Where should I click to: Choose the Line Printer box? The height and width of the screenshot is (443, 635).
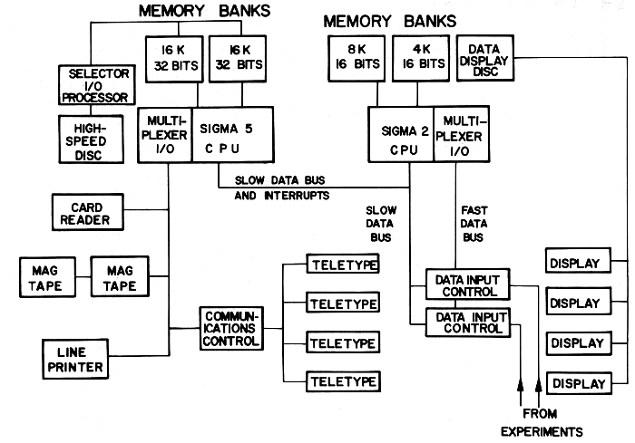(x=74, y=357)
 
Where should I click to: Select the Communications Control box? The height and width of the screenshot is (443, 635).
(x=230, y=328)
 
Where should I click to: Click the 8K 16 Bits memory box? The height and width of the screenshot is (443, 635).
(x=352, y=60)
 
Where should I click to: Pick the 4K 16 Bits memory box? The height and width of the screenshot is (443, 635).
(x=420, y=60)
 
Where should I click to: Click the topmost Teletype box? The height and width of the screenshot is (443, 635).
(x=343, y=265)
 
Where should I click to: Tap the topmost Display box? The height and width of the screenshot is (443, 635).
(x=576, y=264)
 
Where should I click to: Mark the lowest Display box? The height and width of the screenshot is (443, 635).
(x=576, y=382)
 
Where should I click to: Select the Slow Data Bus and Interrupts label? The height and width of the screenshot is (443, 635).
(x=281, y=188)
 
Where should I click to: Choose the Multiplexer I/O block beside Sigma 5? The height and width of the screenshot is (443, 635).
(x=165, y=136)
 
